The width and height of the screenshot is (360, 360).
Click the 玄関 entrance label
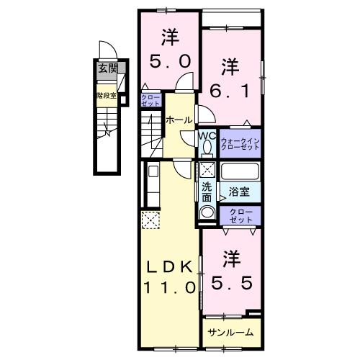(107, 70)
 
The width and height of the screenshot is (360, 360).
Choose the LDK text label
(170, 266)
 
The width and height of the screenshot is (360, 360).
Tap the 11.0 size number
(170, 287)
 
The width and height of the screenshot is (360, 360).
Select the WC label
(207, 135)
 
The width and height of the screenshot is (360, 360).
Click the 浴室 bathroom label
(240, 192)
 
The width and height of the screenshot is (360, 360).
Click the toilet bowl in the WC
(207, 148)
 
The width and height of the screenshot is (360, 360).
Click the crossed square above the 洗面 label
(207, 171)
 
